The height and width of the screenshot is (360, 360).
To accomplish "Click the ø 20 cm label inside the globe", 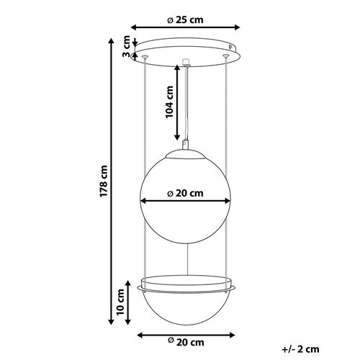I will pyautogui.click(x=185, y=193).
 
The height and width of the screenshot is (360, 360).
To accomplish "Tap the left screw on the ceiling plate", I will pyautogui.click(x=146, y=56).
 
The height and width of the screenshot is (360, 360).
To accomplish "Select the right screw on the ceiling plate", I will pyautogui.click(x=228, y=56).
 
